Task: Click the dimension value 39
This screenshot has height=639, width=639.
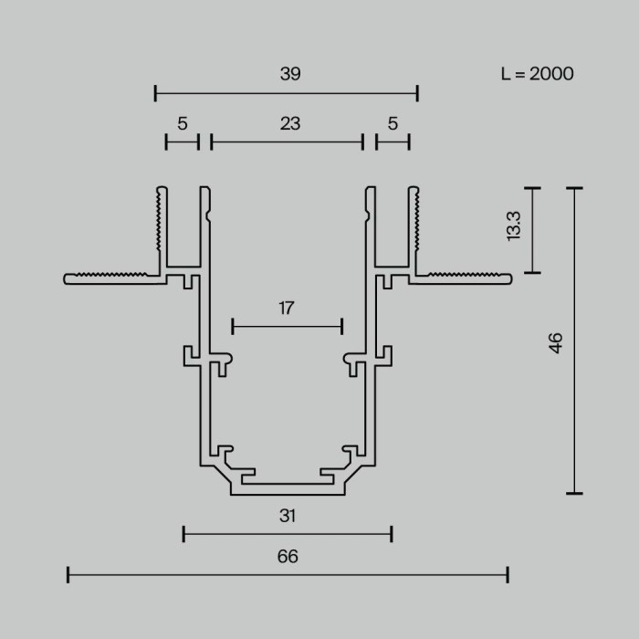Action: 290,75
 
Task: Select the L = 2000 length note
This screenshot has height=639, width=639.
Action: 537,74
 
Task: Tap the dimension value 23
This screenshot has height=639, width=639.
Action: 290,123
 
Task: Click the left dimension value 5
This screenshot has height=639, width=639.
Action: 183,123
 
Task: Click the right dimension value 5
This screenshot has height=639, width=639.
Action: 393,123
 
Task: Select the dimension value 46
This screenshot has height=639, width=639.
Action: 556,342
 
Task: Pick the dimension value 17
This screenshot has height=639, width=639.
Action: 287,308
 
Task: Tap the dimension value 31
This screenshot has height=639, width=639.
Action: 288,516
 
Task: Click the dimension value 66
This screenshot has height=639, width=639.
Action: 288,556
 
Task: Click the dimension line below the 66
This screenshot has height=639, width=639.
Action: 288,574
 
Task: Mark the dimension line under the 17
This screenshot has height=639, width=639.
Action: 288,325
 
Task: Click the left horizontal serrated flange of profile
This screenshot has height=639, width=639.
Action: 110,277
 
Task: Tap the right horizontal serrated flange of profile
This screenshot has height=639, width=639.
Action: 466,277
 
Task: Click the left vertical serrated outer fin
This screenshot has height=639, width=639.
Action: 161,228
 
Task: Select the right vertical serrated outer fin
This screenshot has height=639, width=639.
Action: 414,228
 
